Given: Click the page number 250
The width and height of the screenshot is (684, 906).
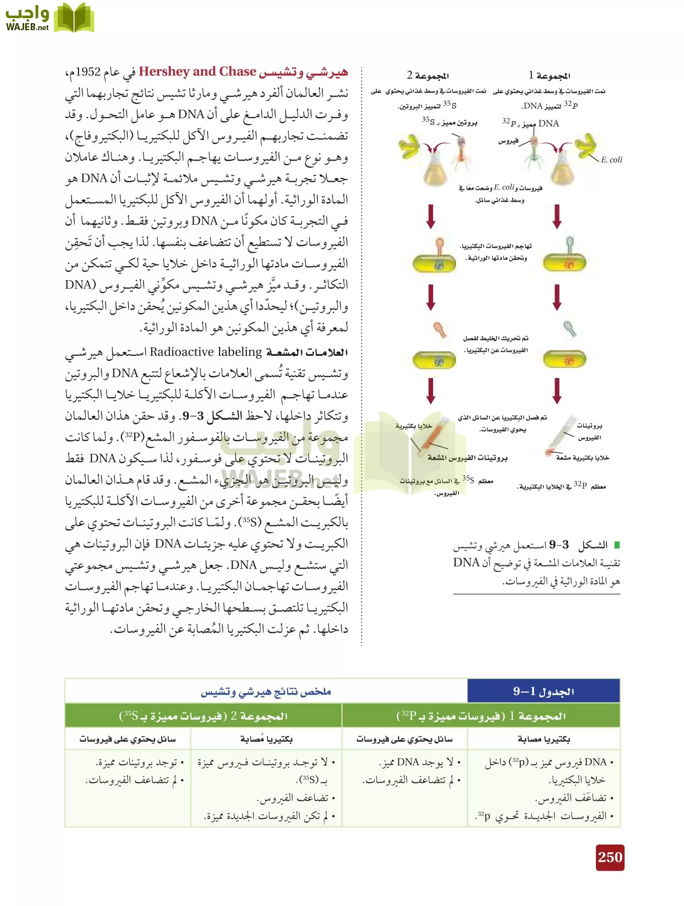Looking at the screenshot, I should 610,857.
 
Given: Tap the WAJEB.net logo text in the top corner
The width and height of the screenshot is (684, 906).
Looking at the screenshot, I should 27,28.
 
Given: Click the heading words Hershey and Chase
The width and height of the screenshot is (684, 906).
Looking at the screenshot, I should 197,71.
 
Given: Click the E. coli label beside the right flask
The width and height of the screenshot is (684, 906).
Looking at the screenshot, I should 611,160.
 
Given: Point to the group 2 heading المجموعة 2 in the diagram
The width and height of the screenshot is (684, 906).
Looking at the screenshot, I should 428,75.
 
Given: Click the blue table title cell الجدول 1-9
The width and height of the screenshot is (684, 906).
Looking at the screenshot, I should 543,691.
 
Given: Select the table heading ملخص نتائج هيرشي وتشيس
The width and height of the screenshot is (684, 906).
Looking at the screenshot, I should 266,692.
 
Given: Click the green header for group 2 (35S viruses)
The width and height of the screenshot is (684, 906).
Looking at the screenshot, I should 203,715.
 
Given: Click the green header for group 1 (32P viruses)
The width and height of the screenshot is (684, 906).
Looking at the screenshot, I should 481,715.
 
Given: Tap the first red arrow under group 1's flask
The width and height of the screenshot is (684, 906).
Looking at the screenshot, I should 557,216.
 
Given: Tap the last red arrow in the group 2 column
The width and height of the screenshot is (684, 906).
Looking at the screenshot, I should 431,391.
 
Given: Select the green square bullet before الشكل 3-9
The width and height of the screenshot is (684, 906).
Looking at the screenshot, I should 617,545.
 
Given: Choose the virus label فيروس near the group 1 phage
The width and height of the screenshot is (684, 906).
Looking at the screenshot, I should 508,141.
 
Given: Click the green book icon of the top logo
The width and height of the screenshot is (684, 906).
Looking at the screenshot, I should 74,18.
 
